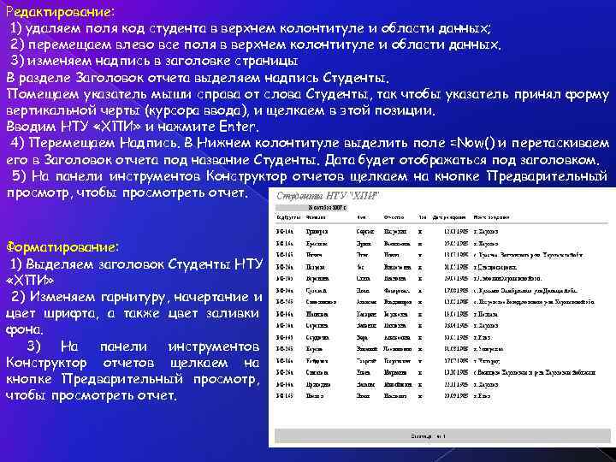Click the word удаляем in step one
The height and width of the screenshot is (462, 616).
(x=52, y=27)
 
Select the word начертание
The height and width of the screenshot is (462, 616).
(x=213, y=296)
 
